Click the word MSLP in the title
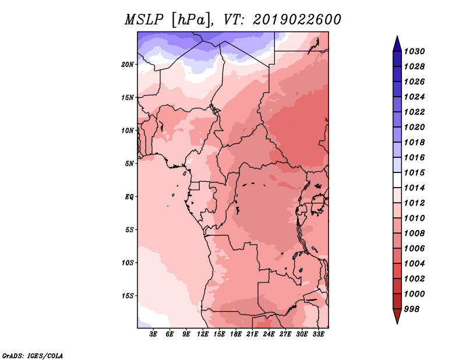144,20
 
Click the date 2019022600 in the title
297,20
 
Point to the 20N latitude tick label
128,65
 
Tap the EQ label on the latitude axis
129,197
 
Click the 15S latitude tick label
128,296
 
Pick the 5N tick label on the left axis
129,164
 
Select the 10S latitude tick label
128,263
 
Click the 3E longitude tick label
153,334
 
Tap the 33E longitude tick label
318,334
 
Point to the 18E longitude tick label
236,334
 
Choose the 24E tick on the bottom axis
269,334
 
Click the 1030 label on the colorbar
414,51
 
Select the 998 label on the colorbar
412,309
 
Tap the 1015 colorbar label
414,172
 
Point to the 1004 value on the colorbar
414,264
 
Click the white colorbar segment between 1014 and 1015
397,180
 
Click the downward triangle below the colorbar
397,315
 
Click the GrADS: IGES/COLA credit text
33,356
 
